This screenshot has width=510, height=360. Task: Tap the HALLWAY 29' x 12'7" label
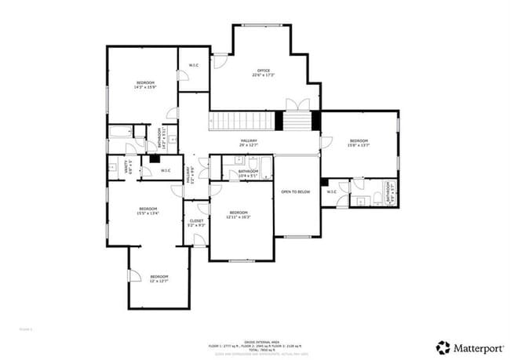point(249,143)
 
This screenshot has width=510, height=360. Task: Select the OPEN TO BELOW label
point(296,191)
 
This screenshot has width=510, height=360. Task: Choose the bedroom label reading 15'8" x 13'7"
point(359,143)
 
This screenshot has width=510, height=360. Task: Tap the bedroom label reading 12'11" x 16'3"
point(239,215)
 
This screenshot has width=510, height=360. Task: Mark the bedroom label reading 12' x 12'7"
point(159,278)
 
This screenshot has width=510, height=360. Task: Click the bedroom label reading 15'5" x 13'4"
point(148,210)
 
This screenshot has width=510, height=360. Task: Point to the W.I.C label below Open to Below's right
point(331,191)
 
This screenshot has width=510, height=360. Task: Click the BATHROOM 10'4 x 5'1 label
point(249,173)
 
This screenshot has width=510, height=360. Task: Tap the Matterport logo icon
point(444,347)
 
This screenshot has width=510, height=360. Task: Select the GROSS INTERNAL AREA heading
point(255,342)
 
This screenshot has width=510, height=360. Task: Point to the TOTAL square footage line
point(255,349)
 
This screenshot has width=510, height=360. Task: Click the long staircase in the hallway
point(239,122)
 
